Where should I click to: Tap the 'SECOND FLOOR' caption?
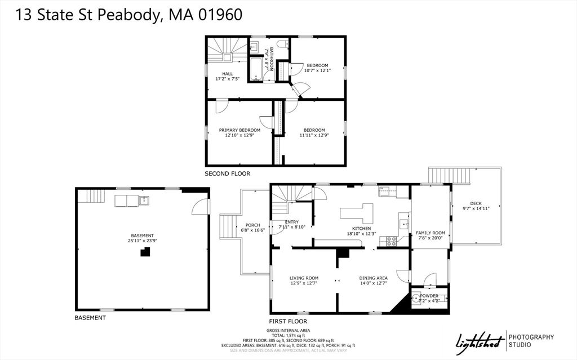(x=227, y=174)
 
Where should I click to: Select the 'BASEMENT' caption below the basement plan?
(x=90, y=318)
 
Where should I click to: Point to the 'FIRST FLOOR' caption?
(x=288, y=321)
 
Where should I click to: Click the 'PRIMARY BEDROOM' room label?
(x=239, y=130)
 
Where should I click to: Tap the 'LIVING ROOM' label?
(x=304, y=278)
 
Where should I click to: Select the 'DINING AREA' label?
(x=374, y=278)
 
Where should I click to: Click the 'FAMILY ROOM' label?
(x=430, y=233)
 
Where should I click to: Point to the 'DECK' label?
(x=476, y=203)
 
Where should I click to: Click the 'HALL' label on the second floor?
(x=227, y=74)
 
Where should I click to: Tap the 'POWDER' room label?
(x=429, y=295)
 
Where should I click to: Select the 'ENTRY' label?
(x=292, y=222)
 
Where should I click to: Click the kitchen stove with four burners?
(x=391, y=241)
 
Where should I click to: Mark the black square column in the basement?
(x=145, y=253)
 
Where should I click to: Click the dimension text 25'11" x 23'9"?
(x=142, y=241)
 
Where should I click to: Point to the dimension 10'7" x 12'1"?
(x=317, y=70)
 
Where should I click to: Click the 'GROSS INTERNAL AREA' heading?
(x=288, y=330)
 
